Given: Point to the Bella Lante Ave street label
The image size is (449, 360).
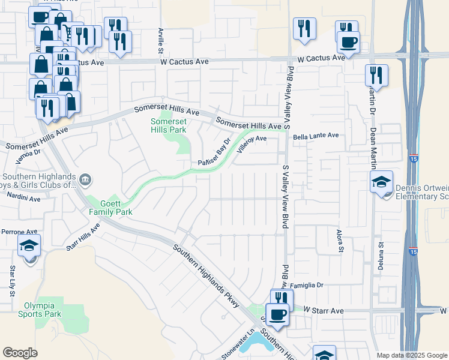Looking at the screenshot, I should tap(315, 137).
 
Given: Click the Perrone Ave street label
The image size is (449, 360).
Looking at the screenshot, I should tap(19, 232).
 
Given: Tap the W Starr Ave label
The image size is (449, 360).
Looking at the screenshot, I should tap(323, 311).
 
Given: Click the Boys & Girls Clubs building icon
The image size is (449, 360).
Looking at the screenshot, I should tap(85, 179).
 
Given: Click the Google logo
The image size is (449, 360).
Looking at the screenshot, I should tap(20, 353).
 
